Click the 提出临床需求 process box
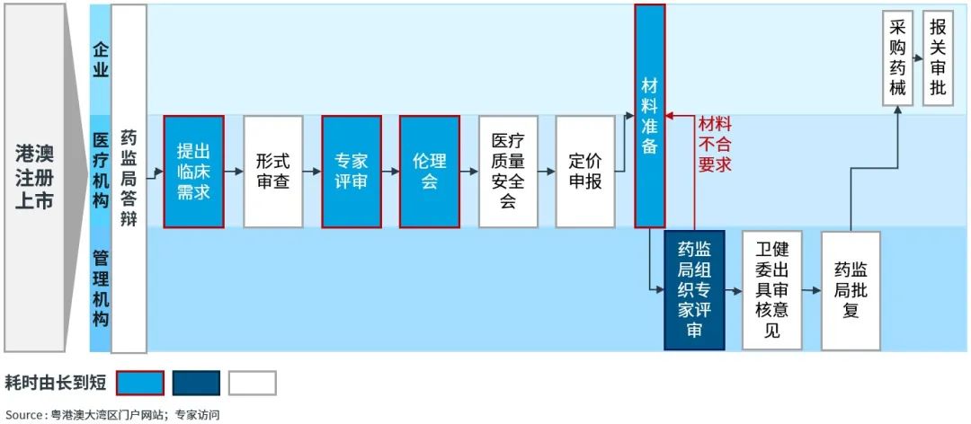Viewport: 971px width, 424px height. coord(192,171)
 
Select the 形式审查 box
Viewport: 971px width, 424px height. coord(272,171)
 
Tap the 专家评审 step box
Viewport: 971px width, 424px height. coord(352,171)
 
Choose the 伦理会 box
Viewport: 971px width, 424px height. coord(429,171)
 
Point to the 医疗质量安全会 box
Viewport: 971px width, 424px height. coord(508,171)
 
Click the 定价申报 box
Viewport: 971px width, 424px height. coord(585,171)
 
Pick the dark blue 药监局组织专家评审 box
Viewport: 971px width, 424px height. coord(694,289)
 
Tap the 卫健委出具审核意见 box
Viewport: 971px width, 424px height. coord(771,289)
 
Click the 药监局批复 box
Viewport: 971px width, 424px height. coord(851,289)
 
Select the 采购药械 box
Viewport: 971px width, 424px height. coord(897,58)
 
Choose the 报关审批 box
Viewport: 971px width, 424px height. coord(938,58)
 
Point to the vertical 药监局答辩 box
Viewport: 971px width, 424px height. coord(129,178)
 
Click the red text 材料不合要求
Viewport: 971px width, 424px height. coord(715,144)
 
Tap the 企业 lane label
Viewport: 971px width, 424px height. coord(101,58)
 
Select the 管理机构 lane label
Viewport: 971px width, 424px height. coord(101,287)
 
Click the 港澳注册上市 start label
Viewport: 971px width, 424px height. coord(34,177)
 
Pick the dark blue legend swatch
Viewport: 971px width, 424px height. coord(196,384)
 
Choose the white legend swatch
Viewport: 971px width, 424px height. coord(252,384)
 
